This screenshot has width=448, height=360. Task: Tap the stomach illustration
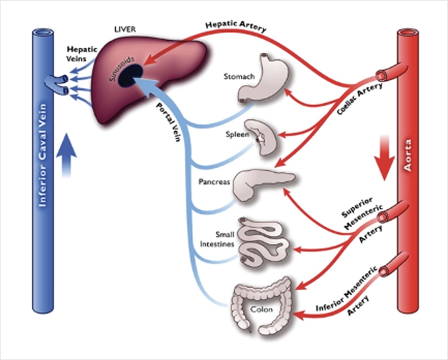coord(261,80)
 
